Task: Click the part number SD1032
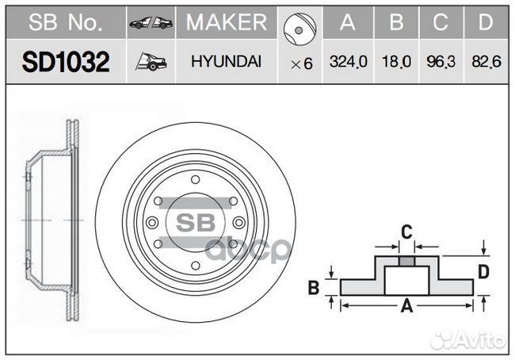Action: (x=66, y=62)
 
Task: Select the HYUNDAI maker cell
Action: (x=226, y=62)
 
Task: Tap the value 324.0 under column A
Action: (x=348, y=62)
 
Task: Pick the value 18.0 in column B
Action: (x=396, y=62)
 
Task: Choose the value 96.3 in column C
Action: (x=441, y=62)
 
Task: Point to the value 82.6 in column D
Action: (x=486, y=62)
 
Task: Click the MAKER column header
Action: (x=227, y=22)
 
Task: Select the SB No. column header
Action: (x=66, y=22)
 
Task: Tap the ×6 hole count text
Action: (x=302, y=63)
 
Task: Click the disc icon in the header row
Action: (x=299, y=29)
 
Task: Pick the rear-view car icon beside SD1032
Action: (x=151, y=62)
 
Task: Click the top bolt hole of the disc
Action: (x=196, y=180)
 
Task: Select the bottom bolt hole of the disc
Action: (x=196, y=266)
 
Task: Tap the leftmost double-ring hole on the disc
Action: (x=152, y=223)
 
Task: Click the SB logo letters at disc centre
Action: (x=196, y=223)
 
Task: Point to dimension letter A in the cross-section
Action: (x=406, y=306)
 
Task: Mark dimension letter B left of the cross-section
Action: (x=314, y=288)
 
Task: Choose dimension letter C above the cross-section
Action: (x=406, y=232)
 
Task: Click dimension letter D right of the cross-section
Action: (x=483, y=272)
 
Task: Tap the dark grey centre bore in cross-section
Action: (x=406, y=262)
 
